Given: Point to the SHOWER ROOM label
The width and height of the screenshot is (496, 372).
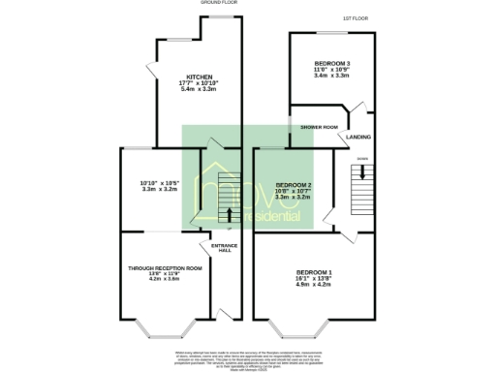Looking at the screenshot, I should [318, 127].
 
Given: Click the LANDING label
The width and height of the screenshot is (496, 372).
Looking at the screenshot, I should [358, 137].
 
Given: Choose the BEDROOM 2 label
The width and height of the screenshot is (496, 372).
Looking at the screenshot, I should [294, 184].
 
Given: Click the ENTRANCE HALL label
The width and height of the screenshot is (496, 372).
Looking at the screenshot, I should [225, 248].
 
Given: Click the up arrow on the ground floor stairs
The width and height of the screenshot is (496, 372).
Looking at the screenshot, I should [230, 215].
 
